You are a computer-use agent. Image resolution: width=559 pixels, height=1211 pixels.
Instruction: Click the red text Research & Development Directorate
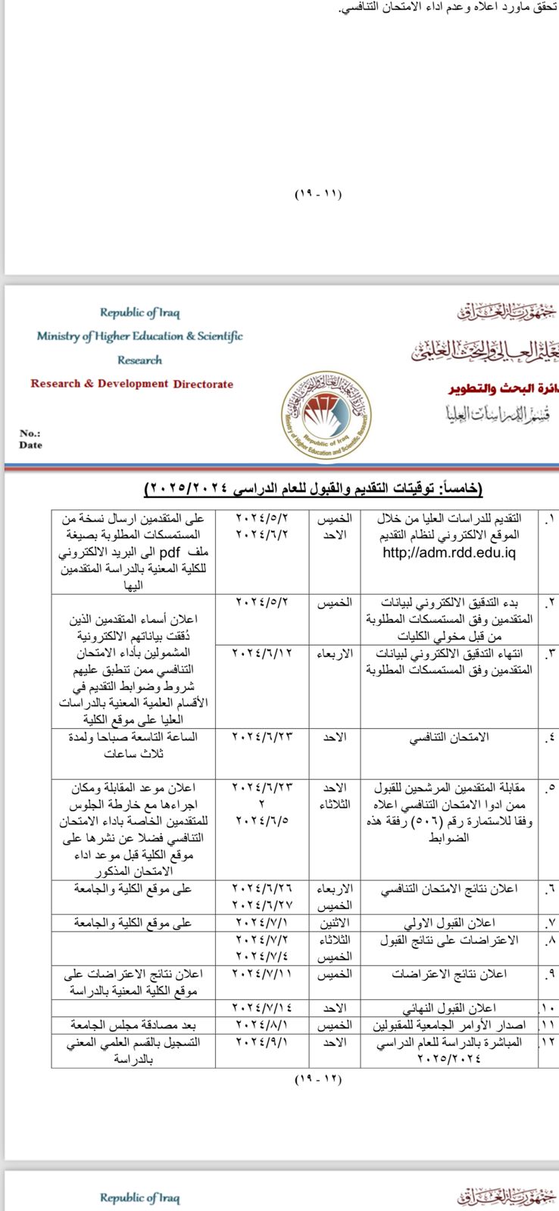pos(132,384)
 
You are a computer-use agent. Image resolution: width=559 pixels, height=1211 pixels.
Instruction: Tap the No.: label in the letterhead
pos(30,434)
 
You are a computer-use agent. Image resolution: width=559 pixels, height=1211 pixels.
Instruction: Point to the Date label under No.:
pos(30,445)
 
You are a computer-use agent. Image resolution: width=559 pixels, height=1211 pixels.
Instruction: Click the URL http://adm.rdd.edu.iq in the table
pos(449,553)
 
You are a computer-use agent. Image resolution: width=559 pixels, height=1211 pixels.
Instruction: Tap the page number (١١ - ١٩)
pos(318,195)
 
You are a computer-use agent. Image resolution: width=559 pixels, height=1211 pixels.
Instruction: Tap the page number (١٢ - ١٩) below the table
pos(318,1079)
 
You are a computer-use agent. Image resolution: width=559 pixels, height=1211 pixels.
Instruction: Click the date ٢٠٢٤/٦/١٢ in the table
pos(263,652)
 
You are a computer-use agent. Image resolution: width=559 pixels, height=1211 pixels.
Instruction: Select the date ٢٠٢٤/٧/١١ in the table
pos(263,973)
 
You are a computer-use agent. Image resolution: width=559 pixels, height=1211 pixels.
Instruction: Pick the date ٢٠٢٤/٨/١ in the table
pos(263,1025)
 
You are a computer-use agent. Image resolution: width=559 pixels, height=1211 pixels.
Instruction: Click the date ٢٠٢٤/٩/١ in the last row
pos(263,1042)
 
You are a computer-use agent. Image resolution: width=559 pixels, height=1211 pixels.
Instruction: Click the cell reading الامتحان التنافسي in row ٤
pos(449,736)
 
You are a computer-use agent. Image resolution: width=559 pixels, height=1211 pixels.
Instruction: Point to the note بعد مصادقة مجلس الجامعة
pos(133,1025)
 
